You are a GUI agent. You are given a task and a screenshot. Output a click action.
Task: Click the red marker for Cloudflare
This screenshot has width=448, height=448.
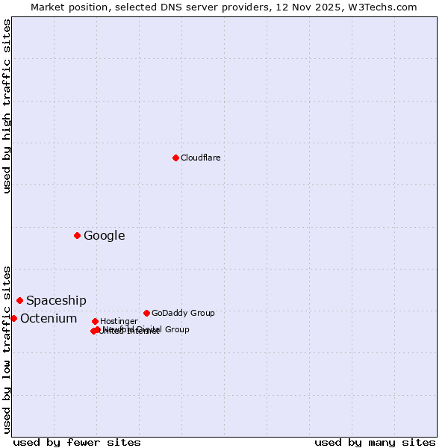(x=175, y=158)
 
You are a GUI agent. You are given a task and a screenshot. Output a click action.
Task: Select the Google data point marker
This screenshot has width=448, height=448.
(x=77, y=236)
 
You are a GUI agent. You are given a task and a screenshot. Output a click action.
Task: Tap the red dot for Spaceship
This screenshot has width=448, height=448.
(x=19, y=300)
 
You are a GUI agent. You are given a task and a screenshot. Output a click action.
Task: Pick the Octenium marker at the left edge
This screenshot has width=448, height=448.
(x=13, y=318)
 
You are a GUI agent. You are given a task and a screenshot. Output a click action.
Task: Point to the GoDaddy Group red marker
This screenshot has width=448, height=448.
(x=146, y=313)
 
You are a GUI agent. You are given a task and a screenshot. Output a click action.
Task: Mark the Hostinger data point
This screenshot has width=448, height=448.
(x=95, y=321)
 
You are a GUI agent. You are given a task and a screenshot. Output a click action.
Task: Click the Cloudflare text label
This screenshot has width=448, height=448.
(x=200, y=158)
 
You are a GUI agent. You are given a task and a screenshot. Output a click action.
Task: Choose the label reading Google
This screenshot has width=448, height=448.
(x=104, y=236)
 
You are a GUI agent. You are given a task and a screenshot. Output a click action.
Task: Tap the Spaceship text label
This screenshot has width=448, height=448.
(x=56, y=300)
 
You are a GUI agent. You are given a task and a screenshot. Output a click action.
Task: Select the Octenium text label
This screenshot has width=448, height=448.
(x=49, y=319)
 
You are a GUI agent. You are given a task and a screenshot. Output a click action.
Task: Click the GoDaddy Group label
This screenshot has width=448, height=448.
(x=183, y=313)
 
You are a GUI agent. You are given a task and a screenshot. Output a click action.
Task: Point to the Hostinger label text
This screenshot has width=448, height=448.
(x=119, y=321)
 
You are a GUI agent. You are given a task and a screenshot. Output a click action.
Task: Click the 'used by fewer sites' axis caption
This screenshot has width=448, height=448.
(x=77, y=442)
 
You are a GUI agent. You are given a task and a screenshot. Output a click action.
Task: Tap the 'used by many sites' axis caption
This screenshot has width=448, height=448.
(x=375, y=442)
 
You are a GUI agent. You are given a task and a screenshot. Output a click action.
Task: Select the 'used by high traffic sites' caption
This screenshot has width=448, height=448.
(x=7, y=106)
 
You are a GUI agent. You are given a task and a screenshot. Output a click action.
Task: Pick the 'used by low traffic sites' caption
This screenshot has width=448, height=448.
(x=7, y=349)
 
